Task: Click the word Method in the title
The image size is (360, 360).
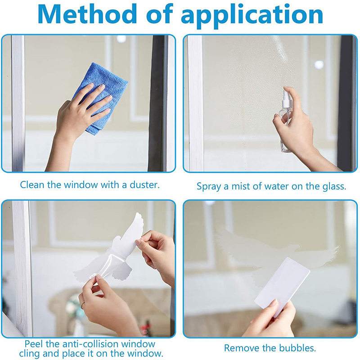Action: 87,14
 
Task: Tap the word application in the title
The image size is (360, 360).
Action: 252,16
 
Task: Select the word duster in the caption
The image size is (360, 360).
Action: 144,184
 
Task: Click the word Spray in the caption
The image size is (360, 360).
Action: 209,187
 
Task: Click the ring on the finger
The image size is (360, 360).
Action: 82,306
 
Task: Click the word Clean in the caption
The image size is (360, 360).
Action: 32,184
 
